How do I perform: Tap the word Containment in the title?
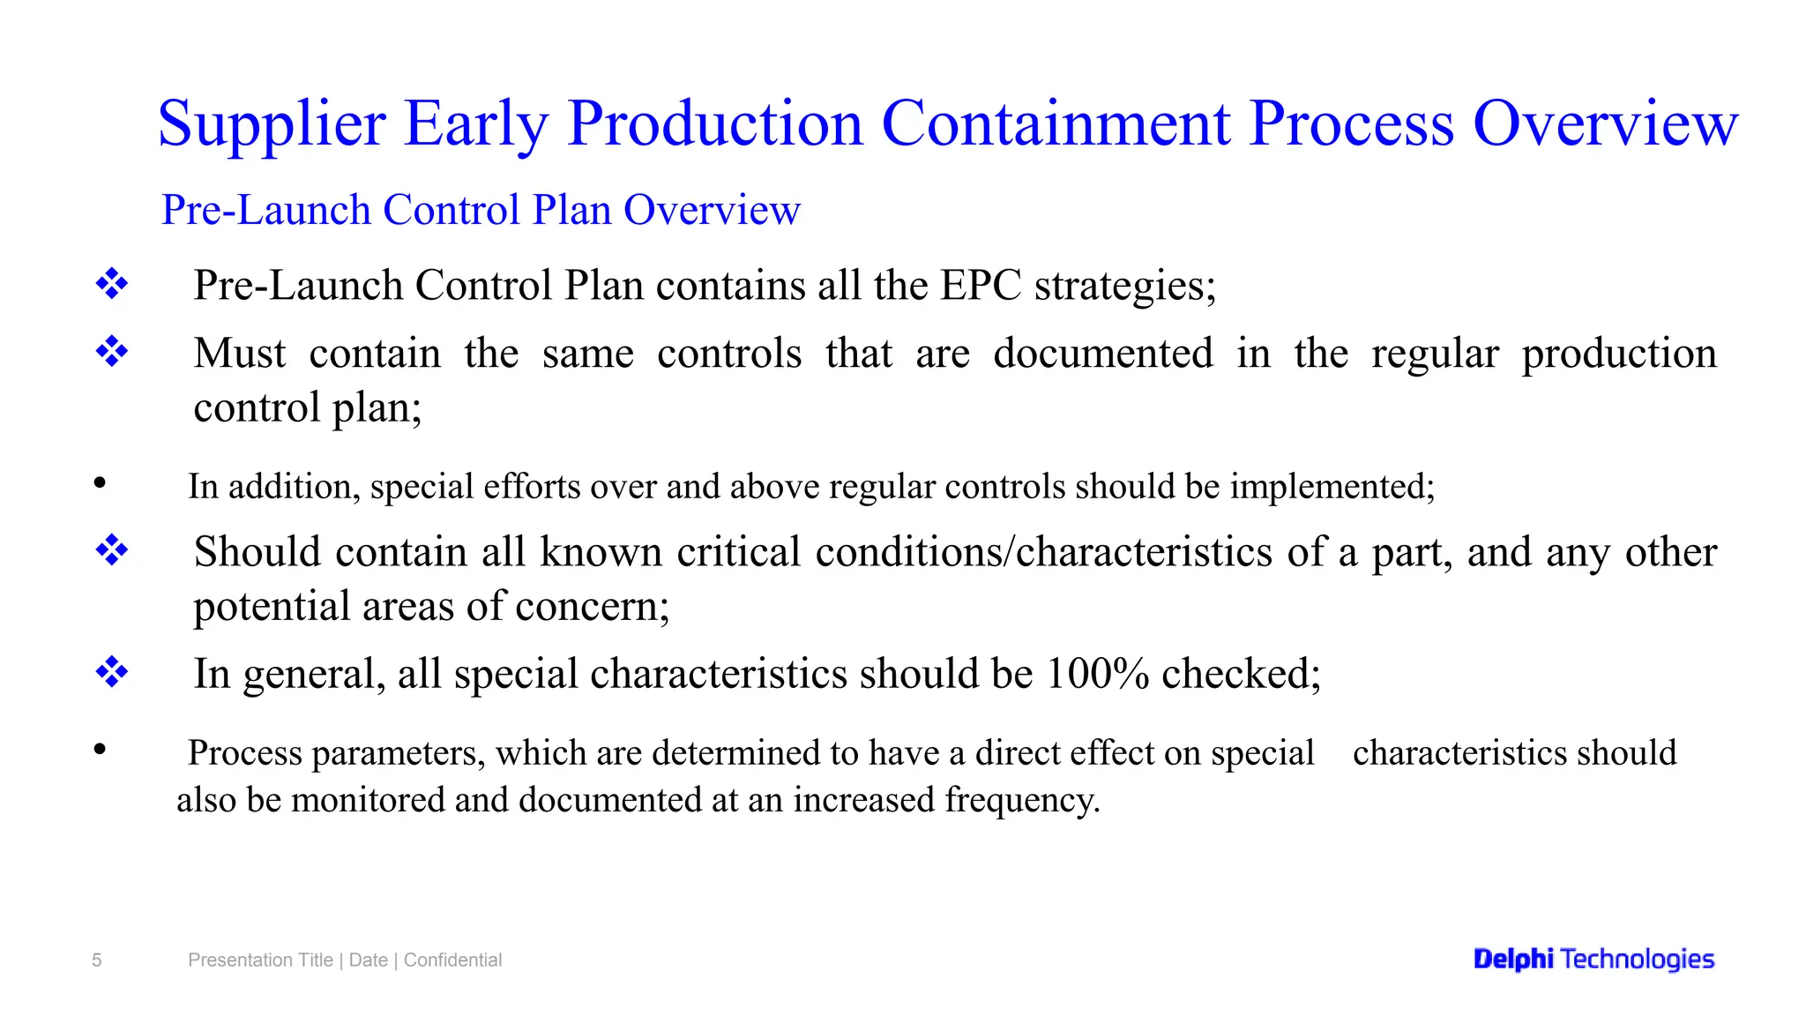[1055, 123]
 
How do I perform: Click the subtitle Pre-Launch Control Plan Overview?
[481, 210]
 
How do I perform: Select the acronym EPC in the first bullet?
[980, 286]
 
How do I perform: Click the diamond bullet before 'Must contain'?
[112, 352]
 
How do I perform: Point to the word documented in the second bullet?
[1102, 354]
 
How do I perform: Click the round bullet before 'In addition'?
[100, 482]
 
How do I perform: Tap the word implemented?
[1332, 487]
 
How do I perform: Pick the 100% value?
[1097, 674]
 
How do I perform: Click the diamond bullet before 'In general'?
[112, 672]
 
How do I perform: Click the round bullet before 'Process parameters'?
[100, 750]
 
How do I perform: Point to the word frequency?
[1021, 800]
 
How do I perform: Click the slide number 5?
[97, 960]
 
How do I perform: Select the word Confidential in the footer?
[452, 960]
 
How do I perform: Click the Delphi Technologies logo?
[1593, 959]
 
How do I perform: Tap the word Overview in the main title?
[1605, 123]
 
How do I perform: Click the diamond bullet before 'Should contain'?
[112, 550]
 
